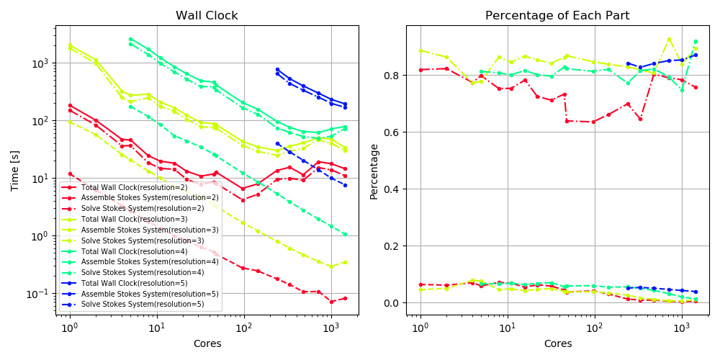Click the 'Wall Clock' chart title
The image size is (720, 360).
click(207, 15)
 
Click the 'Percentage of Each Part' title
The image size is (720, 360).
click(557, 15)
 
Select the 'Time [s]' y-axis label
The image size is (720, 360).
click(15, 171)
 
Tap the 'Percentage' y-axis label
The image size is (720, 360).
click(374, 171)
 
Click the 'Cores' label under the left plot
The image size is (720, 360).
click(207, 343)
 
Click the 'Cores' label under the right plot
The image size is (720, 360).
click(557, 343)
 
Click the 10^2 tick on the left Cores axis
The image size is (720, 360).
click(244, 328)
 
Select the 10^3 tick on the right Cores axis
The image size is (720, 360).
click(681, 328)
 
